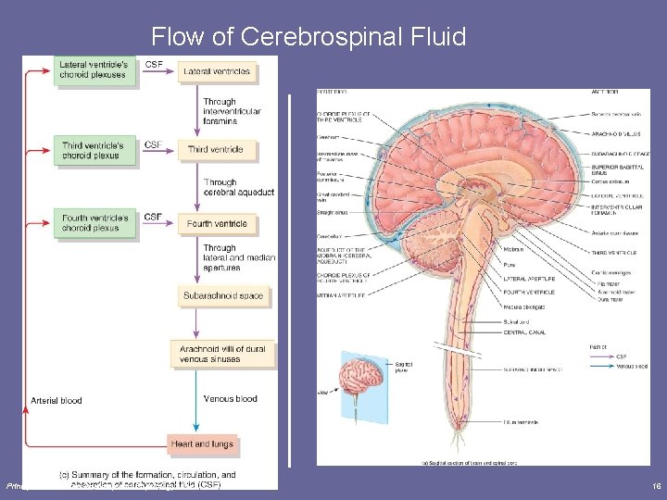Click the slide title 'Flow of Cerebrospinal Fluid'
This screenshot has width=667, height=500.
(308, 37)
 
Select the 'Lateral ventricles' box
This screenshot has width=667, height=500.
(217, 70)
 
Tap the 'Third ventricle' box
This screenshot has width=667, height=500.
(216, 149)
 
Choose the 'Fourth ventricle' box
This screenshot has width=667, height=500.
(218, 223)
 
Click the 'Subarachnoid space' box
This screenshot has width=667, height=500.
(223, 296)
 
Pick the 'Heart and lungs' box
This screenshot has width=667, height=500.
(202, 444)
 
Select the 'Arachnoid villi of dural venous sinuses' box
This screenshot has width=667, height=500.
(222, 353)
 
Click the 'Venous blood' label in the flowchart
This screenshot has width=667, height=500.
(231, 399)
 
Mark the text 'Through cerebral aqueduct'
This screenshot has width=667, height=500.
(239, 188)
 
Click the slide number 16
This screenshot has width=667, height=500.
(655, 485)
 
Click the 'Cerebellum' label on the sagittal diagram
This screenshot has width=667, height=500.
(329, 237)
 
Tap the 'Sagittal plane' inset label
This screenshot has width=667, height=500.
(402, 368)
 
